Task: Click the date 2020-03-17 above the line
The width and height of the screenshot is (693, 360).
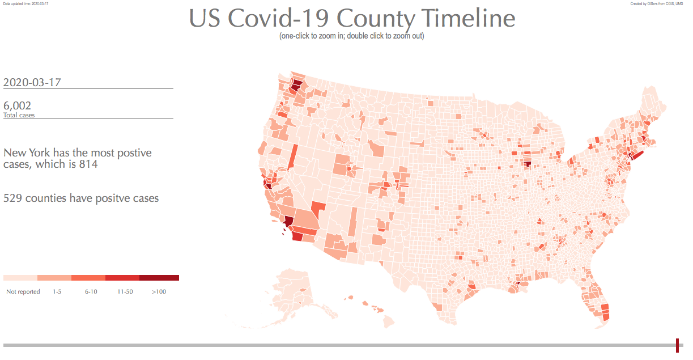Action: click(x=32, y=82)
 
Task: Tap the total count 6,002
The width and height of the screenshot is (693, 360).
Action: click(x=17, y=105)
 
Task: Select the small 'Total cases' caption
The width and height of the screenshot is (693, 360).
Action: click(x=19, y=115)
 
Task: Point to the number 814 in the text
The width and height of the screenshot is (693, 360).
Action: click(x=88, y=164)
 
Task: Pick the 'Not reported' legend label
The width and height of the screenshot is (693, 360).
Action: click(x=23, y=291)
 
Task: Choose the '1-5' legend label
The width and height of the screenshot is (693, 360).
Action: click(x=57, y=291)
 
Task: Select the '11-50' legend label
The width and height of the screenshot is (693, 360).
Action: click(x=125, y=291)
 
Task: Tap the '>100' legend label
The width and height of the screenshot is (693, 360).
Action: click(x=159, y=291)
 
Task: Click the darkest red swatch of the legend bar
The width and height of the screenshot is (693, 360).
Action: click(x=159, y=278)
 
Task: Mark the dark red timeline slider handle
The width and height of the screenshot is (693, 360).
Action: click(x=677, y=345)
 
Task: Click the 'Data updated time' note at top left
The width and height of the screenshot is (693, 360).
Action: click(x=25, y=3)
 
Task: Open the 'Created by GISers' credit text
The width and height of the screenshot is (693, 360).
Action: click(x=657, y=3)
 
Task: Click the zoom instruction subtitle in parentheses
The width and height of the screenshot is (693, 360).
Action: click(x=351, y=36)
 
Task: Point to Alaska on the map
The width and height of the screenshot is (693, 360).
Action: click(x=295, y=289)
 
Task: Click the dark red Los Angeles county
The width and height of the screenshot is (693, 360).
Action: click(x=289, y=222)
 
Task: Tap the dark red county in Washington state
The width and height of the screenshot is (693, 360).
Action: click(x=297, y=86)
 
